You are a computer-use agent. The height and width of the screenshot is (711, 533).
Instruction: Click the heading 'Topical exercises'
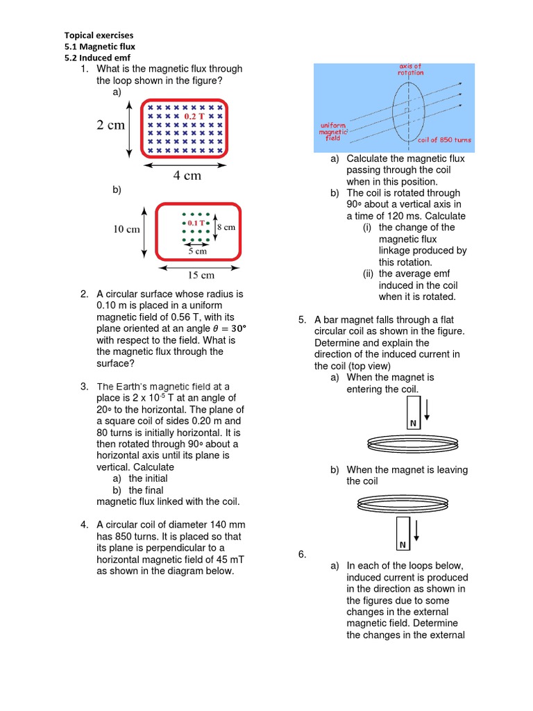(x=99, y=35)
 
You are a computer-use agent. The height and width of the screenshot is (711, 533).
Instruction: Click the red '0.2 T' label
(x=194, y=117)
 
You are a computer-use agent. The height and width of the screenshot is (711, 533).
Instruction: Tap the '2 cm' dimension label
(x=110, y=126)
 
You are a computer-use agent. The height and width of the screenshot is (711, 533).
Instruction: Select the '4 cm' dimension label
(x=187, y=176)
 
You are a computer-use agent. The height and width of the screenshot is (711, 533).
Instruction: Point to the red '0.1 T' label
(x=192, y=224)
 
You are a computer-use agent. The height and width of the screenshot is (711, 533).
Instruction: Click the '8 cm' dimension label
(x=226, y=227)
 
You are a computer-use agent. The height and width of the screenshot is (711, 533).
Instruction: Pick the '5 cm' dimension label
(x=196, y=251)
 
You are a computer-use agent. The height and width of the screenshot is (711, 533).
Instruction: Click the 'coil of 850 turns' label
(x=444, y=140)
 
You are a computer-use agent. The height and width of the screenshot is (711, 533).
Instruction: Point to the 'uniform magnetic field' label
(x=333, y=131)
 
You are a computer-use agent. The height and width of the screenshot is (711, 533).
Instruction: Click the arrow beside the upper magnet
(x=428, y=408)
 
